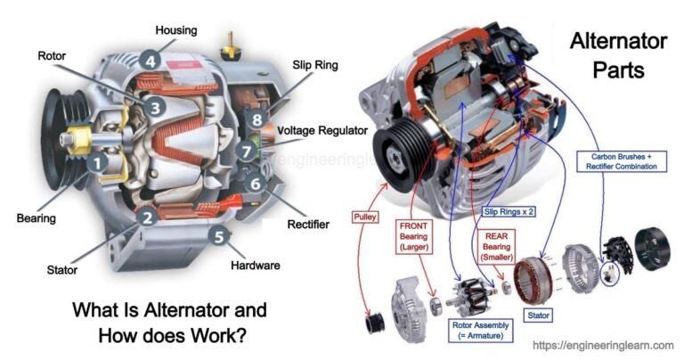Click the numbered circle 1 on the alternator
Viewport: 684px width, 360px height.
tap(96, 163)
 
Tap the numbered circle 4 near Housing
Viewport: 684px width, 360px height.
tap(151, 61)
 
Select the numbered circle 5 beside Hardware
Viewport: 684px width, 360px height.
tap(218, 237)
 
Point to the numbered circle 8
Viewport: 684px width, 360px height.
tap(256, 119)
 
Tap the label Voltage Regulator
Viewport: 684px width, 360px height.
tap(322, 131)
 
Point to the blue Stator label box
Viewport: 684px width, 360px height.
tap(539, 315)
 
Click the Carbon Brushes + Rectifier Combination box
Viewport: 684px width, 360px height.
tap(623, 161)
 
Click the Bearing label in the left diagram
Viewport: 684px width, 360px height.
tap(36, 217)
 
